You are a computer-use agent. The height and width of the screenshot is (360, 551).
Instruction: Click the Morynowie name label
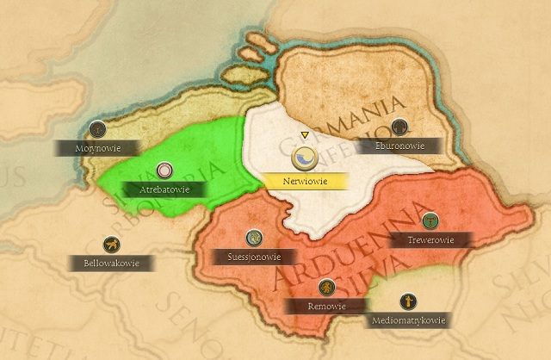click(x=96, y=148)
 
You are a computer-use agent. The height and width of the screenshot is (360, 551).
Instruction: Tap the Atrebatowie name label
click(x=164, y=188)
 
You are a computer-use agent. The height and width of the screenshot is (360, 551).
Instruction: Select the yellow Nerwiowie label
click(x=306, y=182)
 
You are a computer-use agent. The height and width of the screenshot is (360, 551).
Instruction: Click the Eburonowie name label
click(x=400, y=146)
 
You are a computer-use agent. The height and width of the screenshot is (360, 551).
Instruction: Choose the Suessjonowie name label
click(x=253, y=257)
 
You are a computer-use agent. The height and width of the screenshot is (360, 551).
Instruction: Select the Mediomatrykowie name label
click(x=405, y=321)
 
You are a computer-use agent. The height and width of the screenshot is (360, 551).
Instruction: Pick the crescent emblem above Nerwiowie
click(x=306, y=158)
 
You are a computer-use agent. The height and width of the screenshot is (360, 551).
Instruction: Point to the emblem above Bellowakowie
click(x=109, y=243)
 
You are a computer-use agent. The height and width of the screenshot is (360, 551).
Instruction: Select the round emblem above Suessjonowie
click(x=253, y=237)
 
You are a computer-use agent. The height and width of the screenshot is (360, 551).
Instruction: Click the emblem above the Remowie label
click(x=325, y=287)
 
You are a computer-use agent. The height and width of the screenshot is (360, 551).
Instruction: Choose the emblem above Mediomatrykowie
click(x=406, y=302)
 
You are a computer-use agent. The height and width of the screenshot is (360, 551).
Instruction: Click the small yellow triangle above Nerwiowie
click(x=305, y=135)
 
